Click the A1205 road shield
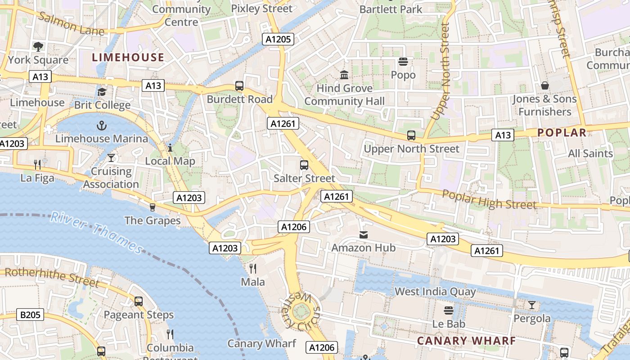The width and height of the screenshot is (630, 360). (278, 39)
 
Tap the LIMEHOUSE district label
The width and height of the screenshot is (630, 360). (128, 57)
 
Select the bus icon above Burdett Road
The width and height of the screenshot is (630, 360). (239, 85)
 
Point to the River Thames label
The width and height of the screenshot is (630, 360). (97, 232)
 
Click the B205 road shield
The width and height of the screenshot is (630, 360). (31, 315)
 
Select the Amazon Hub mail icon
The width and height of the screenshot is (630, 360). (364, 234)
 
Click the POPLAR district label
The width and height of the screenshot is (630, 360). (562, 133)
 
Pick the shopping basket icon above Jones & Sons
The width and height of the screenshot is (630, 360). (544, 85)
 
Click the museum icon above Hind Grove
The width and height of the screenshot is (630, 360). (345, 75)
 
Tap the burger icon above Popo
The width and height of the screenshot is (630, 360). (403, 61)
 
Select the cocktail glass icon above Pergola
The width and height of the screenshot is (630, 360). (532, 305)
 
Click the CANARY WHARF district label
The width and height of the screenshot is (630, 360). (466, 341)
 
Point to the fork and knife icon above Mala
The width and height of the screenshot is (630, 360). (253, 269)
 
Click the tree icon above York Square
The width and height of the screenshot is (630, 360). (38, 46)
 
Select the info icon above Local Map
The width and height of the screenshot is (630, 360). (170, 148)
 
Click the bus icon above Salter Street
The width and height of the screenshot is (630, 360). (304, 165)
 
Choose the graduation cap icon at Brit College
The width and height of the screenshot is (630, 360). (102, 92)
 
